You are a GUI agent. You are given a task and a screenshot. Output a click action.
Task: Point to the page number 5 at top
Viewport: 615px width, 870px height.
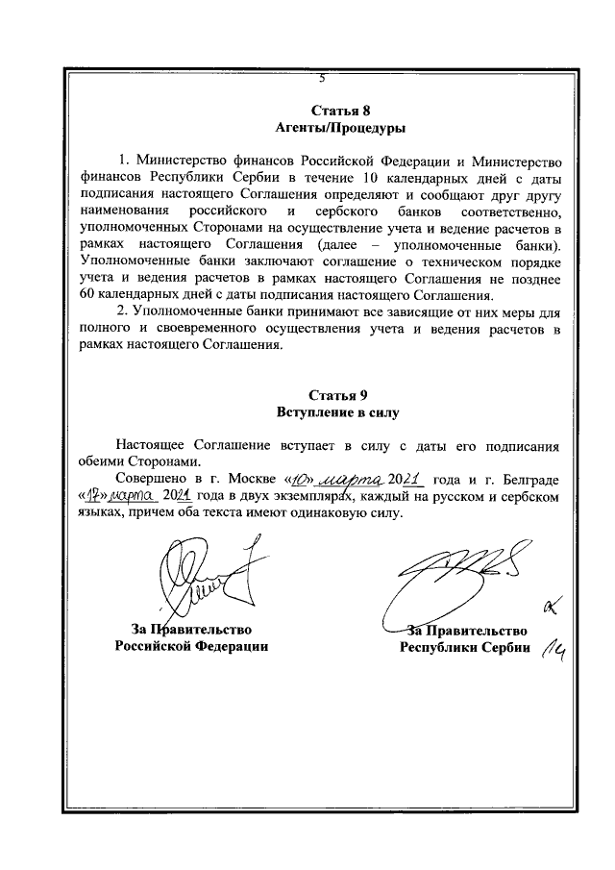(x=323, y=81)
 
